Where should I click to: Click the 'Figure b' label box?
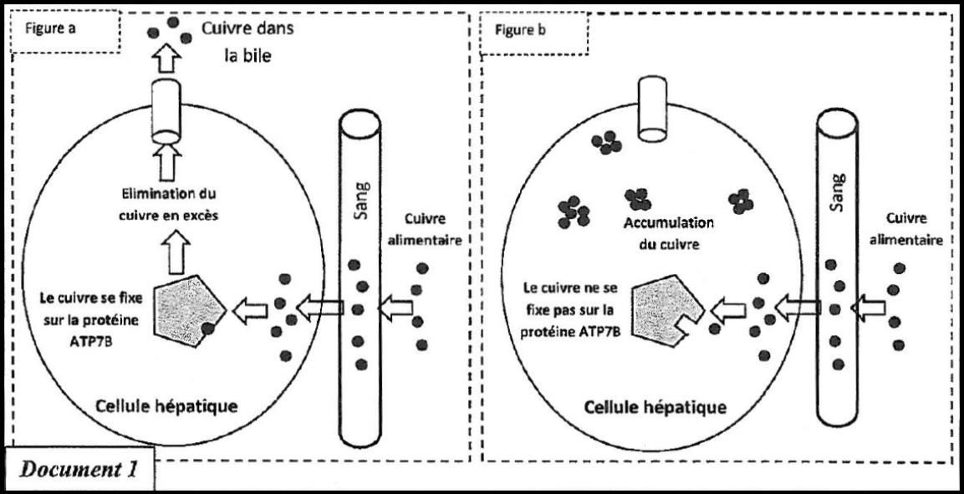point(533,31)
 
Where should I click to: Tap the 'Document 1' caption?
point(78,470)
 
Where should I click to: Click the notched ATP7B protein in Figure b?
point(663,309)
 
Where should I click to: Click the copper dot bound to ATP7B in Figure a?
point(207,328)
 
